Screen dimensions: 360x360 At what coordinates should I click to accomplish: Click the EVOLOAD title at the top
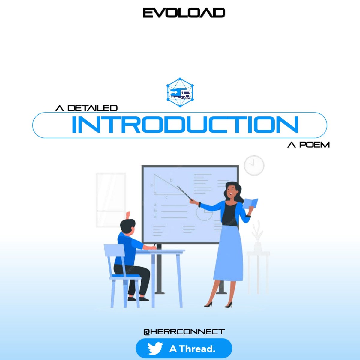point(184,13)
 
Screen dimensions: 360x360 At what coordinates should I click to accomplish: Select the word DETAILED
point(92,108)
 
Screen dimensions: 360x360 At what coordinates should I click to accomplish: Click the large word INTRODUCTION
point(185,125)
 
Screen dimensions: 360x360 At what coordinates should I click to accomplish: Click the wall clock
point(254,165)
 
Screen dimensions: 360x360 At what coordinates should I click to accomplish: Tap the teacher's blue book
point(251,203)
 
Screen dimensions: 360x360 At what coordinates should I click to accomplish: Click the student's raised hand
point(128,215)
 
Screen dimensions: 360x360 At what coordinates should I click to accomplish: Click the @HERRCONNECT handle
point(184,331)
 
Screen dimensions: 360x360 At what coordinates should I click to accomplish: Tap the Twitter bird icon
point(155,349)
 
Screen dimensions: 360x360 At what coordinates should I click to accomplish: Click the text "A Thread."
point(192,349)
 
